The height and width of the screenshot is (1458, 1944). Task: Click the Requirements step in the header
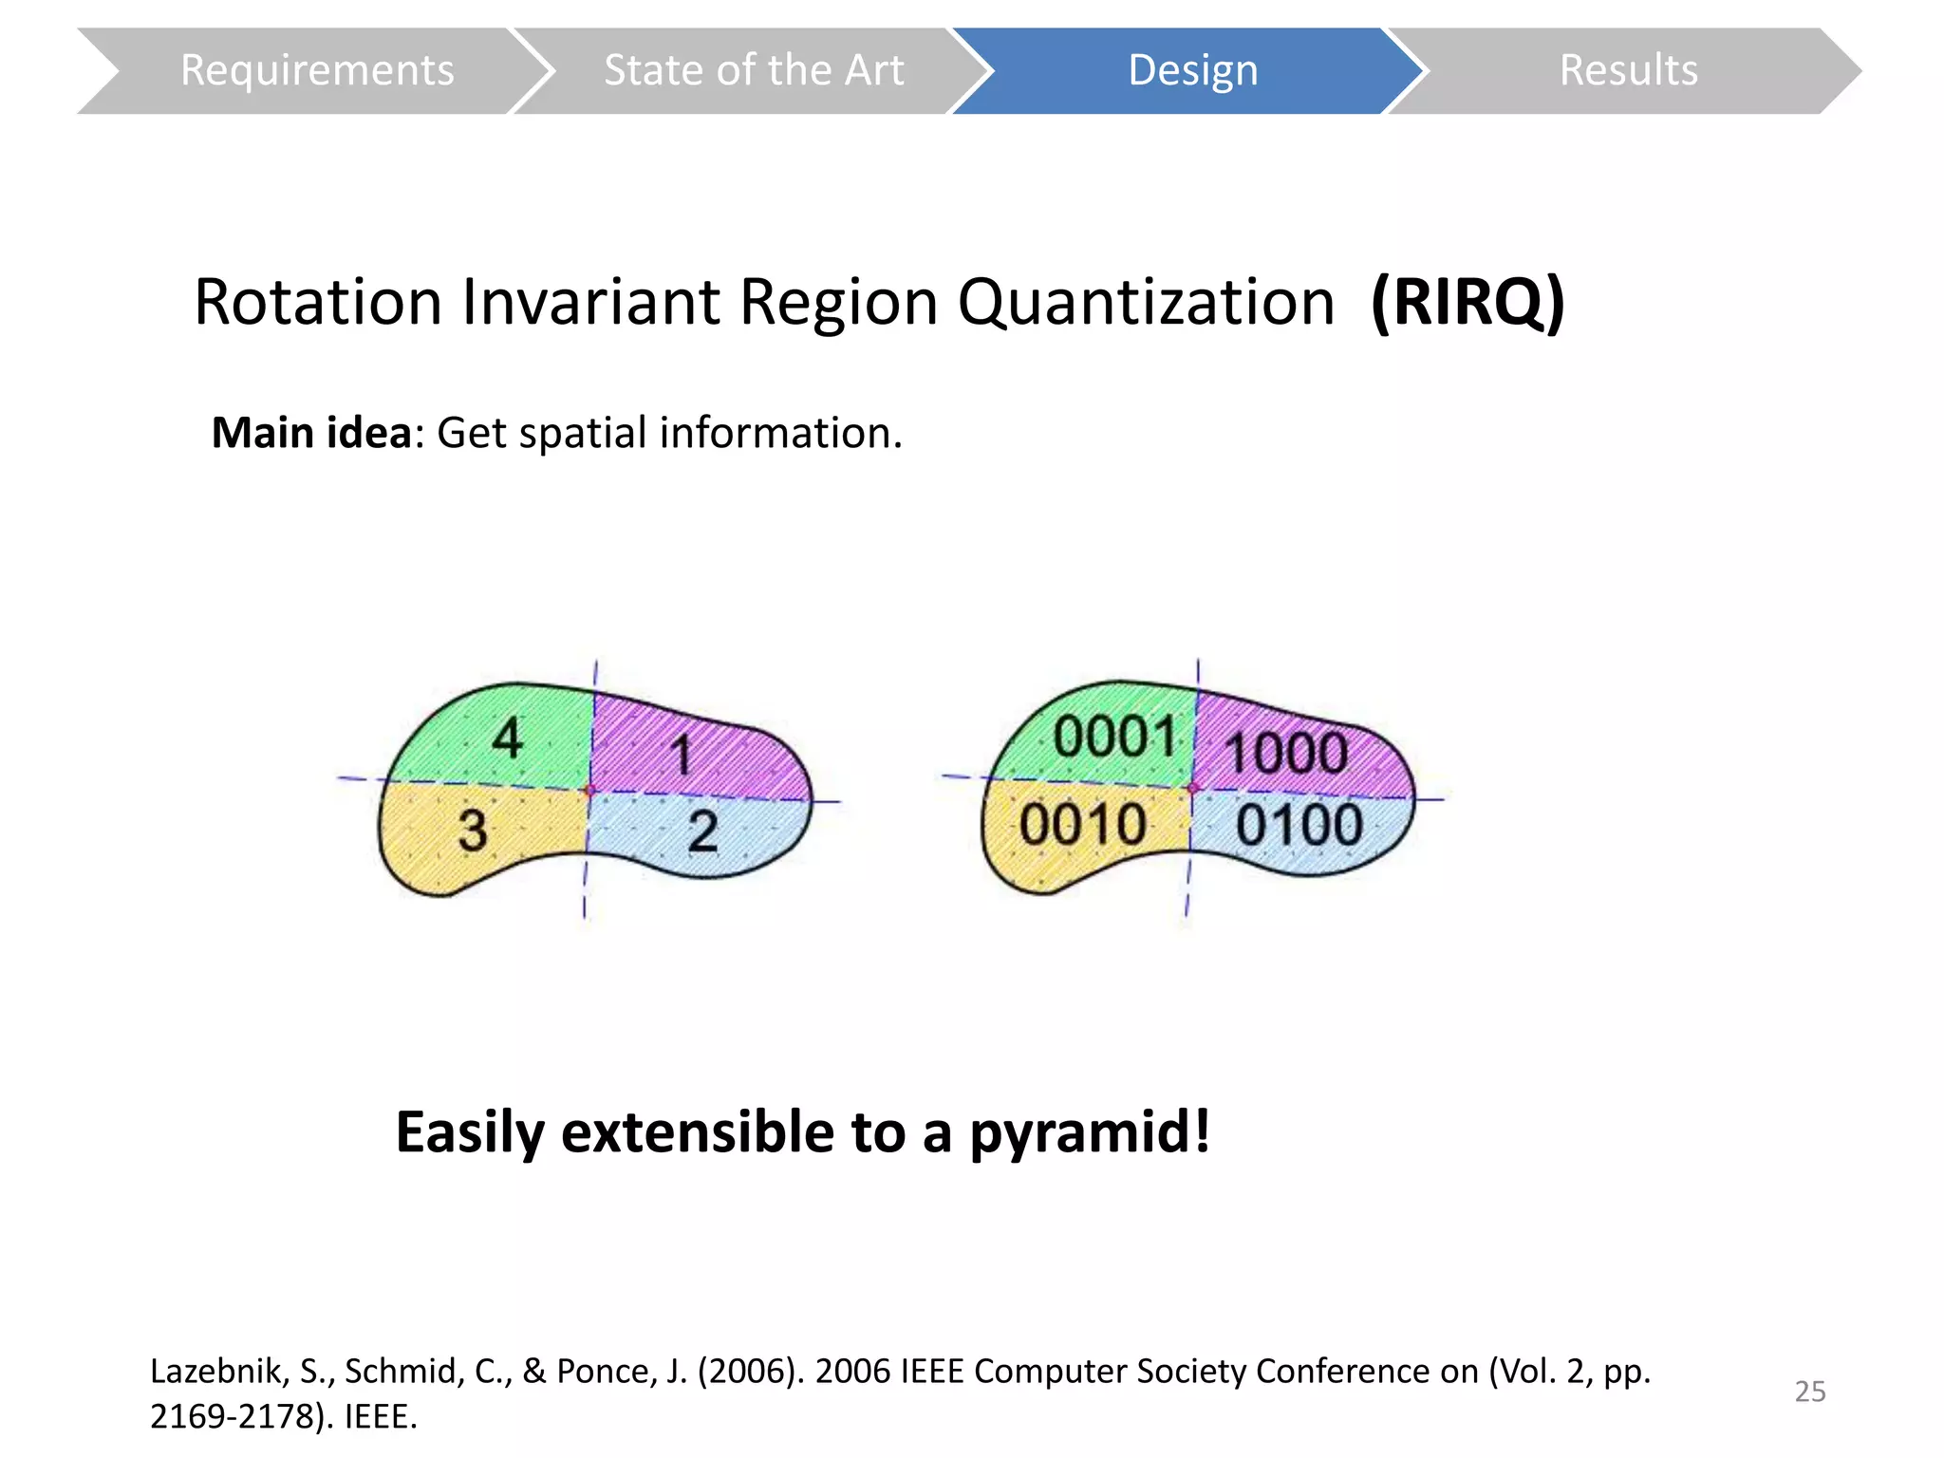point(316,70)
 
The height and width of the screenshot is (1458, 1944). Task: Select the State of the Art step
point(754,70)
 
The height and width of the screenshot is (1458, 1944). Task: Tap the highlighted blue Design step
point(1192,70)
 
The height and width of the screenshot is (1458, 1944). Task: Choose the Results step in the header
point(1628,70)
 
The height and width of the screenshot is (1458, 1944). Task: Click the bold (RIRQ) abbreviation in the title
point(1467,302)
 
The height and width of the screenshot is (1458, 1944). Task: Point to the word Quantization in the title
point(1146,302)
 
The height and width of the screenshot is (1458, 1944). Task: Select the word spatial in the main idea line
point(583,433)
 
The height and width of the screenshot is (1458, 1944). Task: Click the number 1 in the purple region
point(681,757)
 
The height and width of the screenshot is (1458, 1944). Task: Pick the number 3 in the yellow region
point(472,830)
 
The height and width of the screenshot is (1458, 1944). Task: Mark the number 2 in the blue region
point(702,831)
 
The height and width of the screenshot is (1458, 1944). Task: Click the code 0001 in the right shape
point(1114,737)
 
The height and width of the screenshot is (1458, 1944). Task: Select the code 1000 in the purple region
point(1286,754)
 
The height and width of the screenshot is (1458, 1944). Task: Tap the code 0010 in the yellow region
point(1082,824)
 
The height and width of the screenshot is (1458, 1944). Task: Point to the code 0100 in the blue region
point(1299,824)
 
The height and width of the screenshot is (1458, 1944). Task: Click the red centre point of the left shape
point(589,790)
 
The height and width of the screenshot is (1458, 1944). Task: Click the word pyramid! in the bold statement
point(1090,1131)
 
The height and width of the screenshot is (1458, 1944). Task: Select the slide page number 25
point(1809,1391)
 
